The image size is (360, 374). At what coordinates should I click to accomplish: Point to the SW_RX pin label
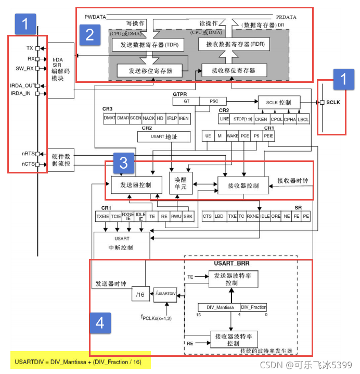click(x=24, y=68)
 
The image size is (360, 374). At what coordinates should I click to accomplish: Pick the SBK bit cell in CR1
click(x=188, y=216)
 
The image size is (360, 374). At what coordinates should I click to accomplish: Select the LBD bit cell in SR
click(x=220, y=216)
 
